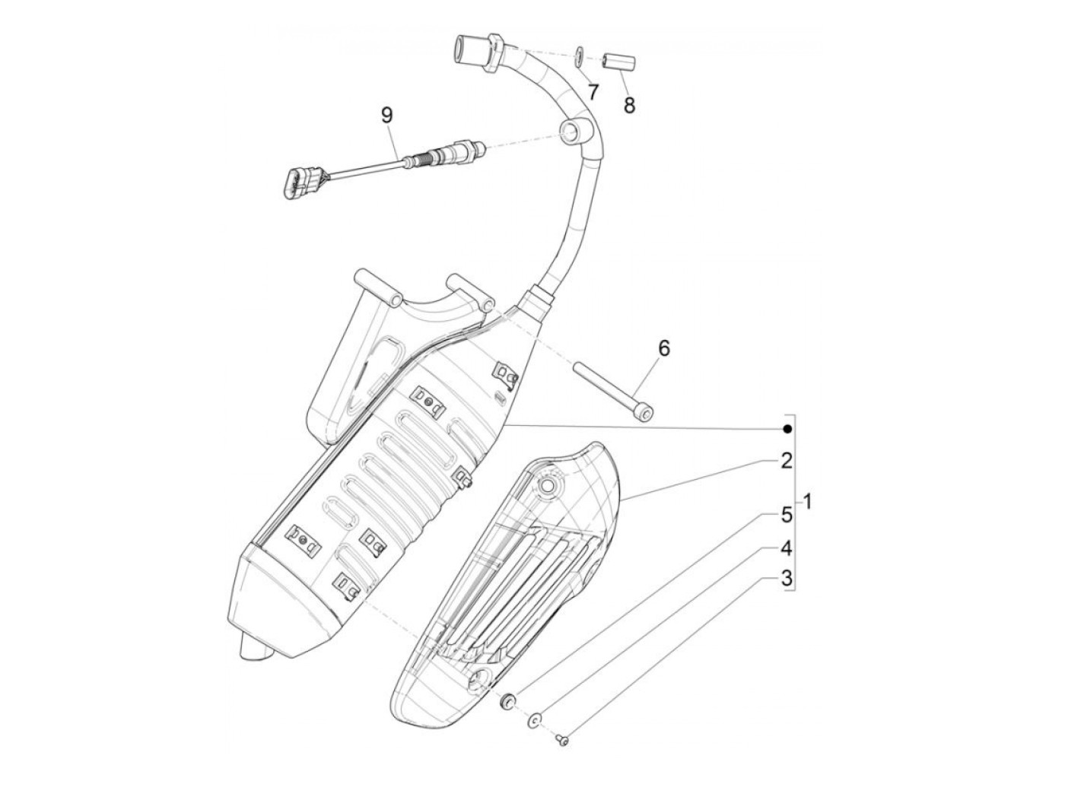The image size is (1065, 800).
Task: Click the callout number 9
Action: click(386, 116)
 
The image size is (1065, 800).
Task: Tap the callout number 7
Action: click(592, 92)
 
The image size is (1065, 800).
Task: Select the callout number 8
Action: click(628, 105)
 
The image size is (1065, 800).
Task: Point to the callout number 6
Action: click(663, 348)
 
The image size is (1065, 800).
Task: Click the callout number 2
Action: click(787, 460)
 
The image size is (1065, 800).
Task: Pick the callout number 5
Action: click(787, 514)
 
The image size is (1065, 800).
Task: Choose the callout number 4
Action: click(787, 548)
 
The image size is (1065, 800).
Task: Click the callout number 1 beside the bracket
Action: click(808, 502)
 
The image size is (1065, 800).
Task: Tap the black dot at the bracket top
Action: click(788, 430)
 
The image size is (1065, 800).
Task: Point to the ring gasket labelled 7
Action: click(580, 54)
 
